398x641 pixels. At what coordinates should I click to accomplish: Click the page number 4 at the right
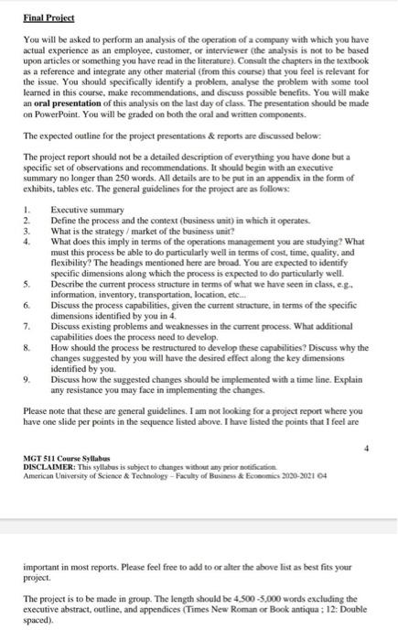tap(370, 451)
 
